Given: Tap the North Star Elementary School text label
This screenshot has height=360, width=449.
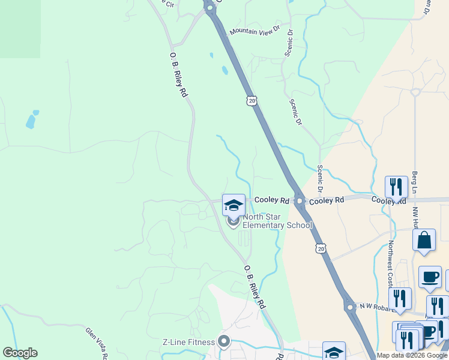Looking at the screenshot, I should (277, 221).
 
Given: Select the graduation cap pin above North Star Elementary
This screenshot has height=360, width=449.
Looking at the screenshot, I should (234, 206).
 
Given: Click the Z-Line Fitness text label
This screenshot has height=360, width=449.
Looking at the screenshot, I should (188, 343).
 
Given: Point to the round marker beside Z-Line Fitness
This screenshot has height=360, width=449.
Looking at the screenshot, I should (224, 343).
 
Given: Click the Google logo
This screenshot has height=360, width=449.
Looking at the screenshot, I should (20, 353).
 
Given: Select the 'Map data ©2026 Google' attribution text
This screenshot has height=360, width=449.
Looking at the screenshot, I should (412, 355).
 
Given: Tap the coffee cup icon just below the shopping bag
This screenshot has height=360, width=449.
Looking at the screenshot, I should (430, 277).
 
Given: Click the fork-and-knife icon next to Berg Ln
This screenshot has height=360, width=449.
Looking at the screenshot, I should (396, 187).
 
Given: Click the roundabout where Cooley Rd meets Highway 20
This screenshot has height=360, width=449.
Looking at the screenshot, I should (298, 201).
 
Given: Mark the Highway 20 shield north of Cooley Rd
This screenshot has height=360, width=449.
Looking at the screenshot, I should (251, 100).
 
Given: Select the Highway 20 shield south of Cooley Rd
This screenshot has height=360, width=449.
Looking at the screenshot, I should (321, 248).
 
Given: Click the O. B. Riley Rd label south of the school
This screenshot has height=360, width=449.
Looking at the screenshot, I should (255, 287).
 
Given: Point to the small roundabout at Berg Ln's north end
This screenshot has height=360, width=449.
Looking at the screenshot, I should (414, 92).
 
